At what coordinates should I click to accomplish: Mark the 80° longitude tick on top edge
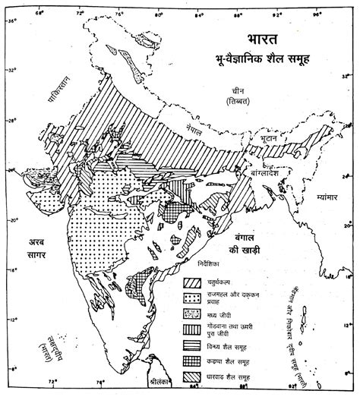click(158, 12)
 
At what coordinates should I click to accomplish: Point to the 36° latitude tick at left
click(11, 22)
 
